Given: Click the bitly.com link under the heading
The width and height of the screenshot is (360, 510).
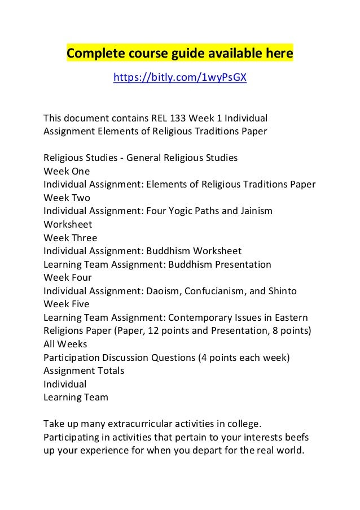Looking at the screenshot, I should (180, 77).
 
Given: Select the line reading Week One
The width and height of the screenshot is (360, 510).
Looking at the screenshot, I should (67, 171).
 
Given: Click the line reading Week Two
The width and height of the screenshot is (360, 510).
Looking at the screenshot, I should (67, 198).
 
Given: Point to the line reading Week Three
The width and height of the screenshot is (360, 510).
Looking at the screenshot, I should (70, 238).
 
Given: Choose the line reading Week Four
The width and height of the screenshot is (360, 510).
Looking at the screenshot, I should (68, 278).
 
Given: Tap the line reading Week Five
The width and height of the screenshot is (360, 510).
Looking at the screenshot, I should (67, 304).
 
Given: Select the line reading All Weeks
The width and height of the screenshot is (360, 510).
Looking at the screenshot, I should (65, 344).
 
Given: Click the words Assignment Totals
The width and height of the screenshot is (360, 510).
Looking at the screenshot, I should (84, 370).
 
